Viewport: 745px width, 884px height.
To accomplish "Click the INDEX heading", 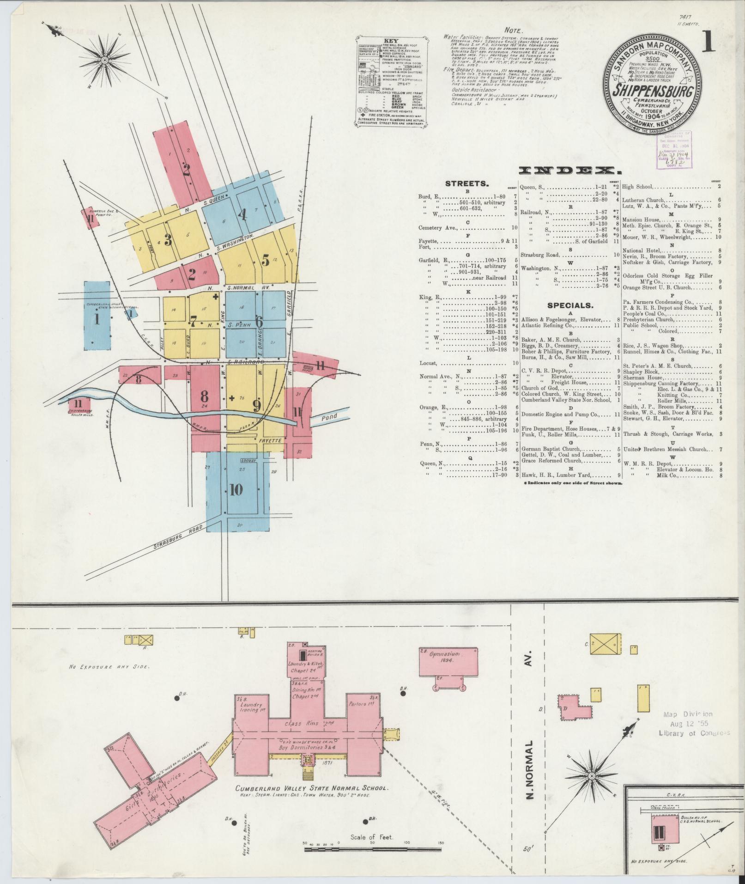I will point(571,171).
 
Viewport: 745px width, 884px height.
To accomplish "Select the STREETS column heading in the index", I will point(466,183).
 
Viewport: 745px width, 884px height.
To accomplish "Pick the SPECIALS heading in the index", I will point(570,305).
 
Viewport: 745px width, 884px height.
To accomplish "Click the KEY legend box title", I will point(391,41).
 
